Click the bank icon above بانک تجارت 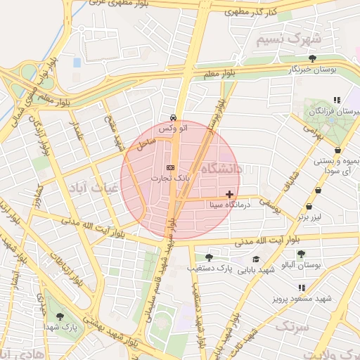coord(170,167)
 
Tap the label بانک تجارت coord(166,179)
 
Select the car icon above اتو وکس coord(173,117)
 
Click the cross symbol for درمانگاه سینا coord(229,193)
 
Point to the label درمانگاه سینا coord(226,205)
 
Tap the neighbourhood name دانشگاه coord(221,169)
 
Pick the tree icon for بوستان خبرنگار coord(313,58)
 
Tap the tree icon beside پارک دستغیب coord(207,257)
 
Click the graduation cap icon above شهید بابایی coord(255,259)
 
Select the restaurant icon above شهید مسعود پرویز coord(302,288)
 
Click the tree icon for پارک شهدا coord(60,316)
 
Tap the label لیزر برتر coord(309,217)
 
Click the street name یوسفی coord(270,203)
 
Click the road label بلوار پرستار coord(210,127)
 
